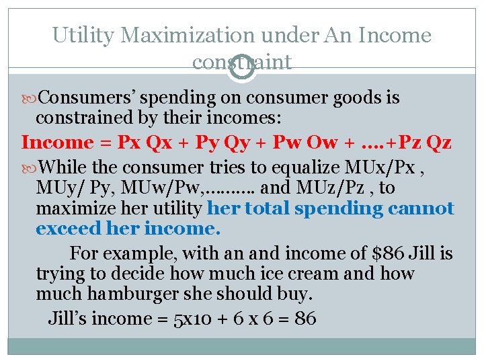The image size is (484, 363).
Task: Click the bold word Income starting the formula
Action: click(56, 143)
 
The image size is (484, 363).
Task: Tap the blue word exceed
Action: click(69, 229)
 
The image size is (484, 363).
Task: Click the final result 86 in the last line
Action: click(305, 318)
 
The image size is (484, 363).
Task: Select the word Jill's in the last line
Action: click(67, 318)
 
